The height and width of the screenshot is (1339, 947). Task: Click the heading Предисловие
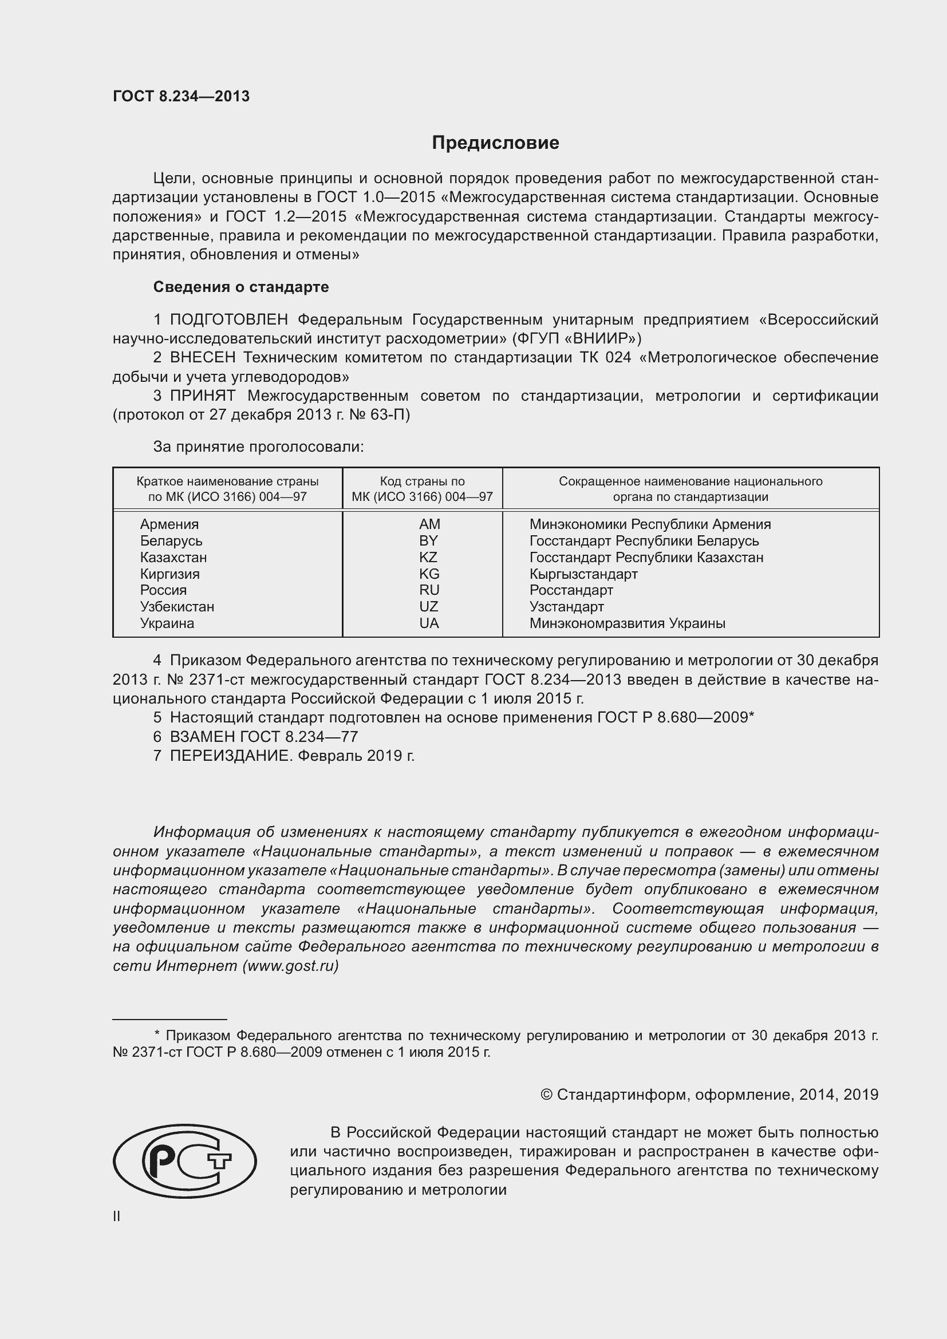pyautogui.click(x=495, y=143)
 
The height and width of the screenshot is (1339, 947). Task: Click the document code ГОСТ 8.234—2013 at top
pyautogui.click(x=181, y=96)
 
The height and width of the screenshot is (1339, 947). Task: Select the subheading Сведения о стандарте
pyautogui.click(x=241, y=287)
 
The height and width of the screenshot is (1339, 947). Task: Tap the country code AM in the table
pyautogui.click(x=429, y=524)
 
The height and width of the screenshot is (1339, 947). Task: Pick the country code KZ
pyautogui.click(x=428, y=557)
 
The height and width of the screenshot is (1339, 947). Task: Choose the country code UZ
pyautogui.click(x=428, y=606)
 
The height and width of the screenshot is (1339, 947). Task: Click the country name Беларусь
pyautogui.click(x=171, y=540)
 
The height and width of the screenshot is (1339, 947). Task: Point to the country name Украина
pyautogui.click(x=167, y=623)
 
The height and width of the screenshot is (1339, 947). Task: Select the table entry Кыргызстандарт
pyautogui.click(x=583, y=574)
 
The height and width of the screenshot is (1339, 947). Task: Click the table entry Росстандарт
pyautogui.click(x=571, y=590)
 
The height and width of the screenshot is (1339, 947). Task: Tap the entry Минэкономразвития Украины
pyautogui.click(x=627, y=623)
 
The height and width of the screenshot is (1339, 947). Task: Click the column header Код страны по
pyautogui.click(x=422, y=481)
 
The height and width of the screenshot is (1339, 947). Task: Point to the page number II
pyautogui.click(x=117, y=1216)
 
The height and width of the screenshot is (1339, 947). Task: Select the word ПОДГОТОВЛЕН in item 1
pyautogui.click(x=228, y=319)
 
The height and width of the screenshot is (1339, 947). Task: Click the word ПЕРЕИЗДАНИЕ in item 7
pyautogui.click(x=230, y=756)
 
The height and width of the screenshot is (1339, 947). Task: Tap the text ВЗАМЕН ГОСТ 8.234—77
pyautogui.click(x=263, y=737)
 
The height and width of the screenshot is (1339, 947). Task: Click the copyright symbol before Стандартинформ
pyautogui.click(x=546, y=1094)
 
